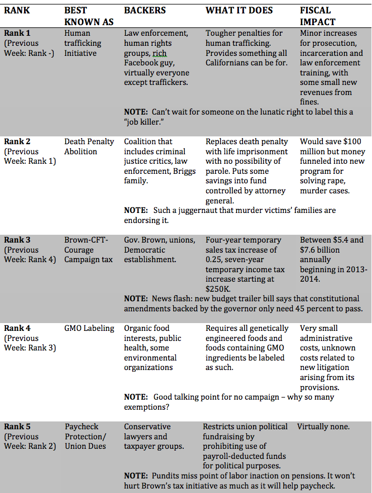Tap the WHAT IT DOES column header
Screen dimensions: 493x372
tap(239, 11)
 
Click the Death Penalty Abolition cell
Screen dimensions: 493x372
tap(89, 146)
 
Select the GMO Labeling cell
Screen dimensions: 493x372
tap(89, 328)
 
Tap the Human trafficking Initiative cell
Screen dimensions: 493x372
tap(82, 43)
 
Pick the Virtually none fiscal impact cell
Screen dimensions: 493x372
tap(323, 426)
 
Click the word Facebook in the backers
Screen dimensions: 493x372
tap(142, 63)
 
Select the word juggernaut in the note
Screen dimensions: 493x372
tap(190, 211)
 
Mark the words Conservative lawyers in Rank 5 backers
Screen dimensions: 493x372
tap(150, 432)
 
